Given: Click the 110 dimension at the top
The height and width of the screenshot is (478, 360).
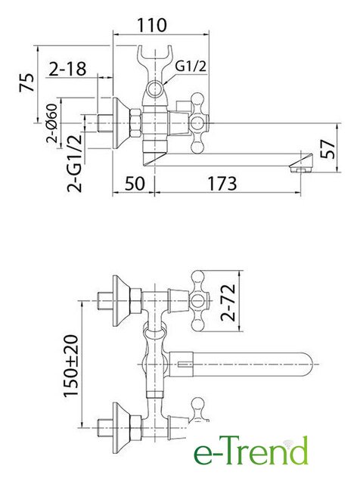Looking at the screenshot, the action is pyautogui.click(x=152, y=25).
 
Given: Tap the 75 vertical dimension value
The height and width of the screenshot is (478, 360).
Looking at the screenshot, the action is pyautogui.click(x=26, y=82).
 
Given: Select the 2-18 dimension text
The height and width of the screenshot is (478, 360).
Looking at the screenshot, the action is pyautogui.click(x=67, y=69).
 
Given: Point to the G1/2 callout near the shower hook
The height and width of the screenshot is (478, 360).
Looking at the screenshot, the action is pyautogui.click(x=191, y=66).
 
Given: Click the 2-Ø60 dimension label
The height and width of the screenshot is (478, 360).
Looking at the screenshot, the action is pyautogui.click(x=52, y=123).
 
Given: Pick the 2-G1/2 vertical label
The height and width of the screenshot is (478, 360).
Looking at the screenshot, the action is pyautogui.click(x=75, y=163).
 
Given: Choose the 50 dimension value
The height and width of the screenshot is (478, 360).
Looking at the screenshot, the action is pyautogui.click(x=135, y=184).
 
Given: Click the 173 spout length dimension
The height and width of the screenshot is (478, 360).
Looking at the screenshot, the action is pyautogui.click(x=222, y=184).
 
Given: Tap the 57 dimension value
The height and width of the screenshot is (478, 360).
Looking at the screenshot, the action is pyautogui.click(x=328, y=149).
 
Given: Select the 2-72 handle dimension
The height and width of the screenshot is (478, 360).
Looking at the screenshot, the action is pyautogui.click(x=228, y=303).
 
